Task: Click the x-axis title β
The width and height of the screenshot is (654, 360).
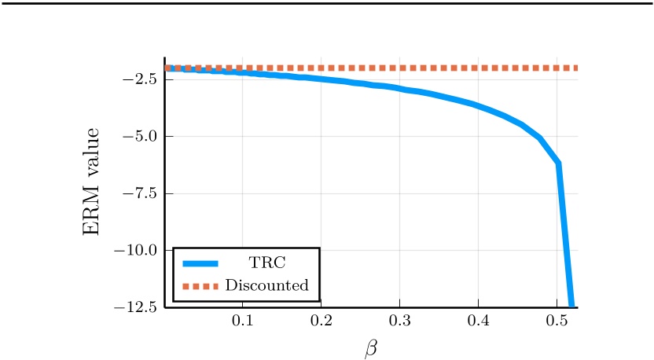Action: tap(370, 347)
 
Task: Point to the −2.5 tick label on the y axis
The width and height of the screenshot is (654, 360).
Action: tap(140, 79)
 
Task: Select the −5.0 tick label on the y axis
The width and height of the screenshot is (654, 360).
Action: tap(140, 136)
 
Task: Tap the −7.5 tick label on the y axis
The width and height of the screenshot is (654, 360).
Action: tap(140, 193)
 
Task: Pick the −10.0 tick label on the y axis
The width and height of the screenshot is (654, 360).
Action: tap(137, 250)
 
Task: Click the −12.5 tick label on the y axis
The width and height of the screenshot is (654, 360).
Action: tap(137, 307)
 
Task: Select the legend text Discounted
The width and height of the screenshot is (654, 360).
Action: tap(267, 285)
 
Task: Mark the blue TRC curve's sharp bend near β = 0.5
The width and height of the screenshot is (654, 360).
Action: tap(558, 163)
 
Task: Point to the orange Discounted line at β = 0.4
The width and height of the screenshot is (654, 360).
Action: tap(478, 68)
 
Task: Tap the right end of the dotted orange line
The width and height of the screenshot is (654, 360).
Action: tap(575, 68)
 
